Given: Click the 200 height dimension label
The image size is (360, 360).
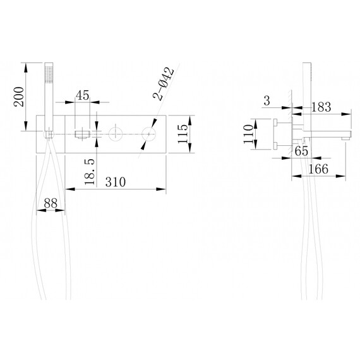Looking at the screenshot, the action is pyautogui.click(x=19, y=97).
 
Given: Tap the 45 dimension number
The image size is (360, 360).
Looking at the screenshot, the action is pyautogui.click(x=83, y=95).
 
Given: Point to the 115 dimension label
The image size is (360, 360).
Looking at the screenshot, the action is pyautogui.click(x=183, y=134).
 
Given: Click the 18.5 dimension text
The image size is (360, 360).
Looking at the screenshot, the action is pyautogui.click(x=90, y=172).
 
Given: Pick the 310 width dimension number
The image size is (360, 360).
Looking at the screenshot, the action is pyautogui.click(x=116, y=182).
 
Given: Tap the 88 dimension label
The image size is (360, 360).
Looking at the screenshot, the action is pyautogui.click(x=51, y=203).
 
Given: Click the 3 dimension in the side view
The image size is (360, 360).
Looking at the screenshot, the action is pyautogui.click(x=267, y=101).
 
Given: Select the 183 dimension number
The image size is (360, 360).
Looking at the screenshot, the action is pyautogui.click(x=321, y=107).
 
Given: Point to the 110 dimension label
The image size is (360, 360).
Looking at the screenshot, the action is pyautogui.click(x=248, y=134).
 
